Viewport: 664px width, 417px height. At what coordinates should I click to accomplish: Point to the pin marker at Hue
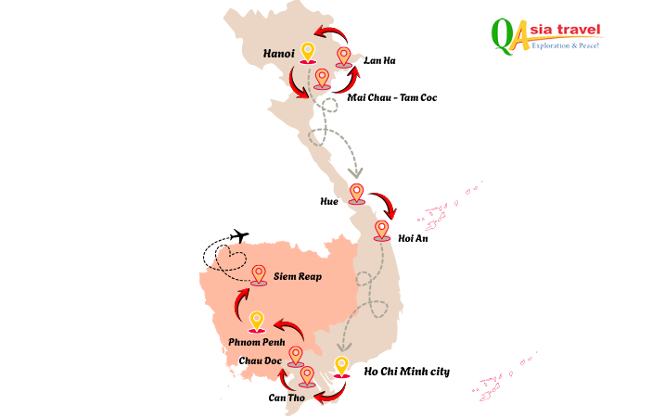[356, 194]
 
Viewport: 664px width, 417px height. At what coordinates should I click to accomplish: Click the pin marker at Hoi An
[381, 231]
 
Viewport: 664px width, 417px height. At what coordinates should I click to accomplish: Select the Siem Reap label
[297, 276]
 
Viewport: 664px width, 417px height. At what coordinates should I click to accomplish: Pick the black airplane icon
[239, 237]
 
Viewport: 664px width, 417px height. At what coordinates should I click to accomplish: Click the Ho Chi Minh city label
[408, 372]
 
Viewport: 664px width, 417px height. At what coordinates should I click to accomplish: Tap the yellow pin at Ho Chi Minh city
[342, 367]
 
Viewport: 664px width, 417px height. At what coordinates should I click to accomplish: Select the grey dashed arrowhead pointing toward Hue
[354, 172]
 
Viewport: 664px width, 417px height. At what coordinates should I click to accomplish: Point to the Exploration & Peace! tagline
[565, 44]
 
